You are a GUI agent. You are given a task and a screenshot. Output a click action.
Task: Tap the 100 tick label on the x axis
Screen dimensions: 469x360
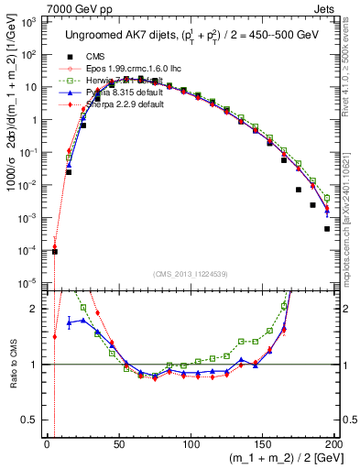click(x=191, y=442)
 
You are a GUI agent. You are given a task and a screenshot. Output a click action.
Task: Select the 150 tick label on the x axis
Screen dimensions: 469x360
click(x=262, y=442)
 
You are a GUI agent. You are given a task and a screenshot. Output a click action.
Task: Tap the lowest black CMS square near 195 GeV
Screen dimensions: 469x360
click(x=327, y=229)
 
